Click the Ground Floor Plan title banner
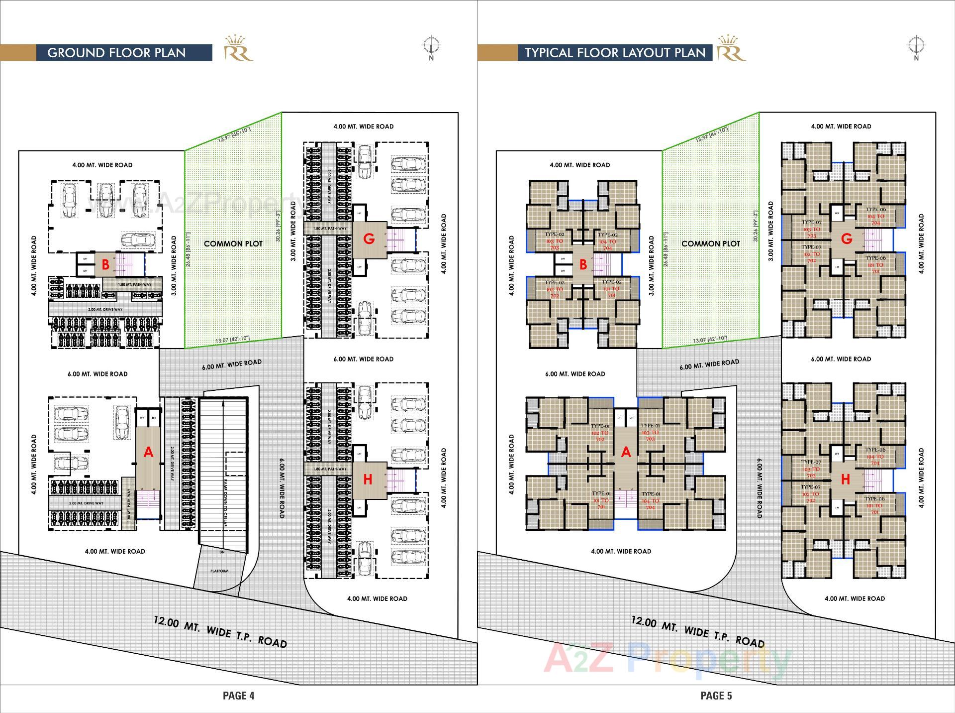(116, 53)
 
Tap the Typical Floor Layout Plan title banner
(615, 53)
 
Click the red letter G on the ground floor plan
(369, 239)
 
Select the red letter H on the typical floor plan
(846, 479)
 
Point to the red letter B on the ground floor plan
(105, 265)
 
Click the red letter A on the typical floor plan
(626, 452)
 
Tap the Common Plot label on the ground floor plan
(233, 243)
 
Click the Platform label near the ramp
(219, 571)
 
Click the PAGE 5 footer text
(716, 696)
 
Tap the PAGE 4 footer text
(238, 696)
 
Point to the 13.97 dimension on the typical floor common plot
(712, 134)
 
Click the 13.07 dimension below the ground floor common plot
(232, 340)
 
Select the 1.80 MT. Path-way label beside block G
(330, 229)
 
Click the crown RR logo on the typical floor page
(731, 48)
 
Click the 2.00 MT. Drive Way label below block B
(105, 309)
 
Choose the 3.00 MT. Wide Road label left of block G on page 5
(770, 231)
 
